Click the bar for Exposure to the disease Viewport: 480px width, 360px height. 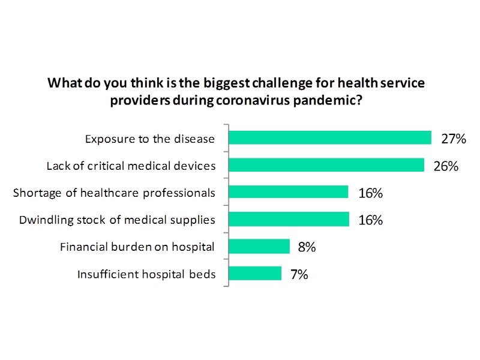(x=330, y=138)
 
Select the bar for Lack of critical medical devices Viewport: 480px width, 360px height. (x=326, y=165)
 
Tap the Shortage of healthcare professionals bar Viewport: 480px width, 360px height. (x=289, y=192)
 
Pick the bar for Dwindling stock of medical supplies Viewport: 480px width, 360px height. (x=289, y=219)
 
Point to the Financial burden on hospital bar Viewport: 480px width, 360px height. (x=259, y=247)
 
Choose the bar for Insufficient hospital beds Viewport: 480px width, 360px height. (x=255, y=274)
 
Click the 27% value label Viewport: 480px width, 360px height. (x=454, y=139)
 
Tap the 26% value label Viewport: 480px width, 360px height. (x=446, y=166)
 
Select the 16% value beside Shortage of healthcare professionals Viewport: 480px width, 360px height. (x=370, y=193)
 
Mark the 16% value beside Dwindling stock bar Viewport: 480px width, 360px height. (x=370, y=220)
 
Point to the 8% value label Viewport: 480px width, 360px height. (x=307, y=247)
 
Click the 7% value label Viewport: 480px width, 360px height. (x=299, y=275)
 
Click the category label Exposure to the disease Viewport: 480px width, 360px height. (x=149, y=139)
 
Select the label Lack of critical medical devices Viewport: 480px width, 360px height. (x=131, y=166)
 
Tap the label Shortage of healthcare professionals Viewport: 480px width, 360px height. (x=114, y=193)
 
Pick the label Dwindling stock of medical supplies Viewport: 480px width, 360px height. (x=117, y=220)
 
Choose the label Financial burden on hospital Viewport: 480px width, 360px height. (x=137, y=247)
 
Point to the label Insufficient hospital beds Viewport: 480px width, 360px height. (x=146, y=275)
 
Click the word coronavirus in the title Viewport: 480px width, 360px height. (x=242, y=100)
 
